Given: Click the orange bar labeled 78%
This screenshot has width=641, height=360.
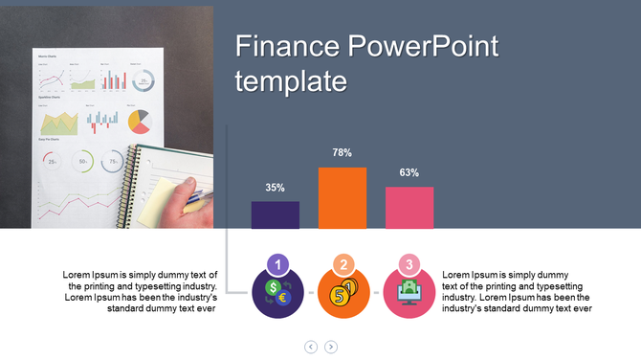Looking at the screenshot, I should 343,198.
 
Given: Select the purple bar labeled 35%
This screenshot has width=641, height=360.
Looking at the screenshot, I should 276,214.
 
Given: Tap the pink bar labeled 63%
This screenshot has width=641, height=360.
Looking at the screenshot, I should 409,208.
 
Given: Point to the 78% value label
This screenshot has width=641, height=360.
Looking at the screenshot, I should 343,153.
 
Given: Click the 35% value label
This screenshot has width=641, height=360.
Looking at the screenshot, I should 276,188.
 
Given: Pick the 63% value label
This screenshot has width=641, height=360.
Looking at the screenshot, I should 409,173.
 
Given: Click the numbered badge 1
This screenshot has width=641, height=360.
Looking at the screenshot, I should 276,265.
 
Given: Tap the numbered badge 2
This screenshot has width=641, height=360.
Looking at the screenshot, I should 343,265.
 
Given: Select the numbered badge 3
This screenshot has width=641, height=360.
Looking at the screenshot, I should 409,265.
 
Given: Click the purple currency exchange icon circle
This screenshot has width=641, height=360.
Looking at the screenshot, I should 276,293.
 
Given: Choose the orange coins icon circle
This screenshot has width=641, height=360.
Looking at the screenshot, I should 343,294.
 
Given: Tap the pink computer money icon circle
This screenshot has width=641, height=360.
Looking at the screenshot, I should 409,294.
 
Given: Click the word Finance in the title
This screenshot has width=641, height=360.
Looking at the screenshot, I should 287,46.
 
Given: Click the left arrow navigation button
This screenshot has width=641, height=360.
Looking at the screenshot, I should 311,347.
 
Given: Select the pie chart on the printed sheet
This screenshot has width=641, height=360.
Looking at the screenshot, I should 140,121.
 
